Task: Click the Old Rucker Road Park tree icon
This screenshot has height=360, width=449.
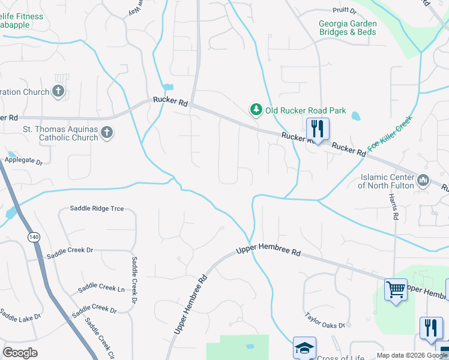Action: (256, 109)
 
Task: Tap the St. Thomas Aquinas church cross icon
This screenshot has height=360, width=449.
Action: (107, 133)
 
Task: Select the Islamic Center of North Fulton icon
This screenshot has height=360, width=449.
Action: (423, 179)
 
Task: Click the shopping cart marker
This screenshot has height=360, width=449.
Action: (396, 290)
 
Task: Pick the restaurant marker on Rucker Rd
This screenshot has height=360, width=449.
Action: (318, 129)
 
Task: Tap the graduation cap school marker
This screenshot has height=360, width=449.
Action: (304, 347)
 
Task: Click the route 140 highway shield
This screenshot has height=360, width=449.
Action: (32, 238)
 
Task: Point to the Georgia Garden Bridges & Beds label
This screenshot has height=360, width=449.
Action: (348, 28)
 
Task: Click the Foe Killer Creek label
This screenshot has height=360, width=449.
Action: (390, 133)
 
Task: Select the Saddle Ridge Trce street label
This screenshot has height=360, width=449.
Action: (97, 208)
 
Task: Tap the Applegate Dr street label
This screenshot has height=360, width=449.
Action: (24, 161)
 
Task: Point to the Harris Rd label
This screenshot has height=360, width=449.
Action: (394, 207)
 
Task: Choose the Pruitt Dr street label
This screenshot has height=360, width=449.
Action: (345, 11)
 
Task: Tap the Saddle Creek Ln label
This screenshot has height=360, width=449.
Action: (101, 289)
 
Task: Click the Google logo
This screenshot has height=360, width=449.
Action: (20, 353)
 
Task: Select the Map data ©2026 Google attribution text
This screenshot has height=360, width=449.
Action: (412, 355)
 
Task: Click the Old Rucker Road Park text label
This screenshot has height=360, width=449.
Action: (306, 110)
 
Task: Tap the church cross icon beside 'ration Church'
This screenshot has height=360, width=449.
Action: (58, 91)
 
